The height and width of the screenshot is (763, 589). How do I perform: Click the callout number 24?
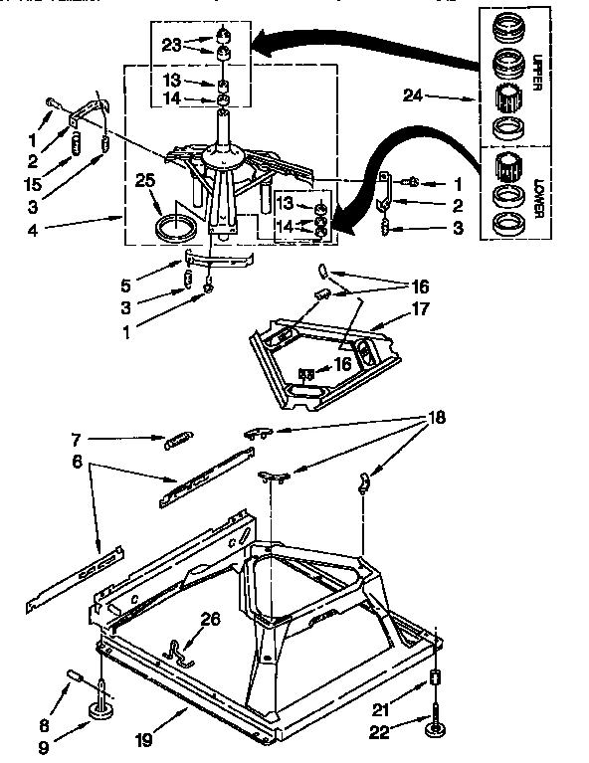tap(413, 96)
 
